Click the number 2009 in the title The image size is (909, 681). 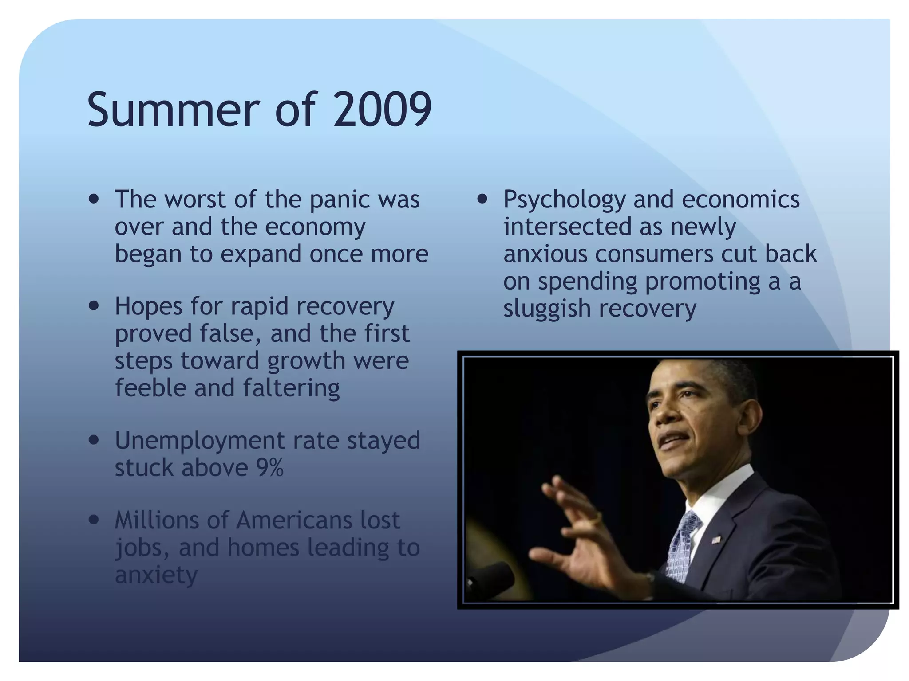point(383,110)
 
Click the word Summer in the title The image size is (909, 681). point(173,110)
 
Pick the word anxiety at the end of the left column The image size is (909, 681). point(156,575)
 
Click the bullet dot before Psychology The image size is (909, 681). point(482,199)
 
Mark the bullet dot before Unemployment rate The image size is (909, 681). point(94,440)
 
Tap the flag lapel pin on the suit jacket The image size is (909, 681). point(716,540)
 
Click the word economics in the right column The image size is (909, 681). point(740,200)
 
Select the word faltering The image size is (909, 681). point(291,388)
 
